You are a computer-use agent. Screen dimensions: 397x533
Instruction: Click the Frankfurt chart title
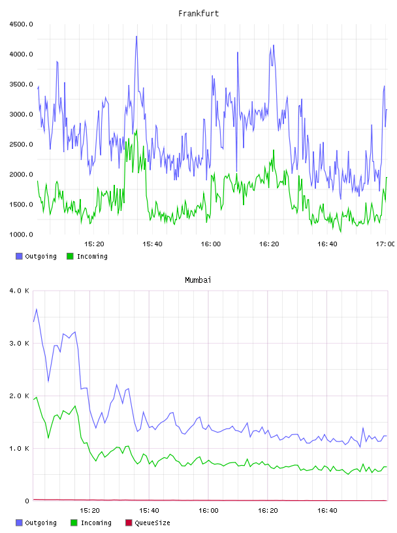pos(198,14)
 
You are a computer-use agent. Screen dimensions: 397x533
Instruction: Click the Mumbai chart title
pos(198,280)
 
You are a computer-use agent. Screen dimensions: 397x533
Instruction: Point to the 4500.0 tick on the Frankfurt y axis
pos(21,24)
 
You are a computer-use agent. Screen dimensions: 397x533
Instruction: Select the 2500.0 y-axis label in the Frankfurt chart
pos(21,144)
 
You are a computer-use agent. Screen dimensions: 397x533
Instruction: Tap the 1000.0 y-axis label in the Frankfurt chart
pos(21,234)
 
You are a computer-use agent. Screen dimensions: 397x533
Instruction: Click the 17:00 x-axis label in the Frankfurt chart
pos(385,244)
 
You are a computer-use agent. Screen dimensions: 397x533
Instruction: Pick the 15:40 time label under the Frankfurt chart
pos(152,244)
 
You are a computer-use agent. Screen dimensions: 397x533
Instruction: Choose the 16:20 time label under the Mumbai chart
pos(268,511)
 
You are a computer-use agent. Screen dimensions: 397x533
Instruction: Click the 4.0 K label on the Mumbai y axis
pos(20,291)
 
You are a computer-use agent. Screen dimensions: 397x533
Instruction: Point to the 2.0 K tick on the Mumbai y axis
pos(20,396)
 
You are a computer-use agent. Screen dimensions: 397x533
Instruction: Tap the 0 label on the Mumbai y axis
pos(27,501)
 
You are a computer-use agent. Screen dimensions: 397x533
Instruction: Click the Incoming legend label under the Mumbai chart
pos(96,523)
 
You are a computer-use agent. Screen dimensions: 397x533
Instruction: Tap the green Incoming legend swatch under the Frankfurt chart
pos(70,256)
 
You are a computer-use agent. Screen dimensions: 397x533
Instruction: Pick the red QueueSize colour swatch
pos(129,523)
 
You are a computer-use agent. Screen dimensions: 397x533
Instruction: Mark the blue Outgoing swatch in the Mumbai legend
pos(19,523)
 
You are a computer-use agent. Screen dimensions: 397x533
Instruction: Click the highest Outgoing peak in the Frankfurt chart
pos(136,37)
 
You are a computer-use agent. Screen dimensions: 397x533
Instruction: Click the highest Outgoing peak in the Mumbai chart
pos(37,309)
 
